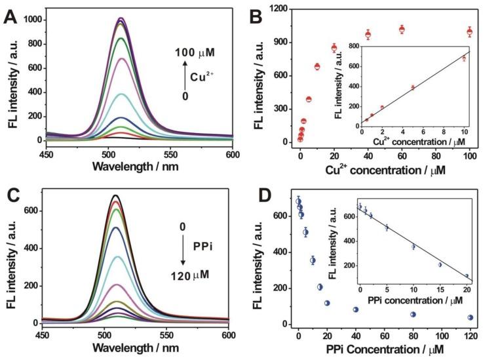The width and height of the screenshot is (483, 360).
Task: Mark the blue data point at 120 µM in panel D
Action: pyautogui.click(x=470, y=317)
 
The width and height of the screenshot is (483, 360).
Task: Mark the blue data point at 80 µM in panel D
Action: pyautogui.click(x=413, y=314)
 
